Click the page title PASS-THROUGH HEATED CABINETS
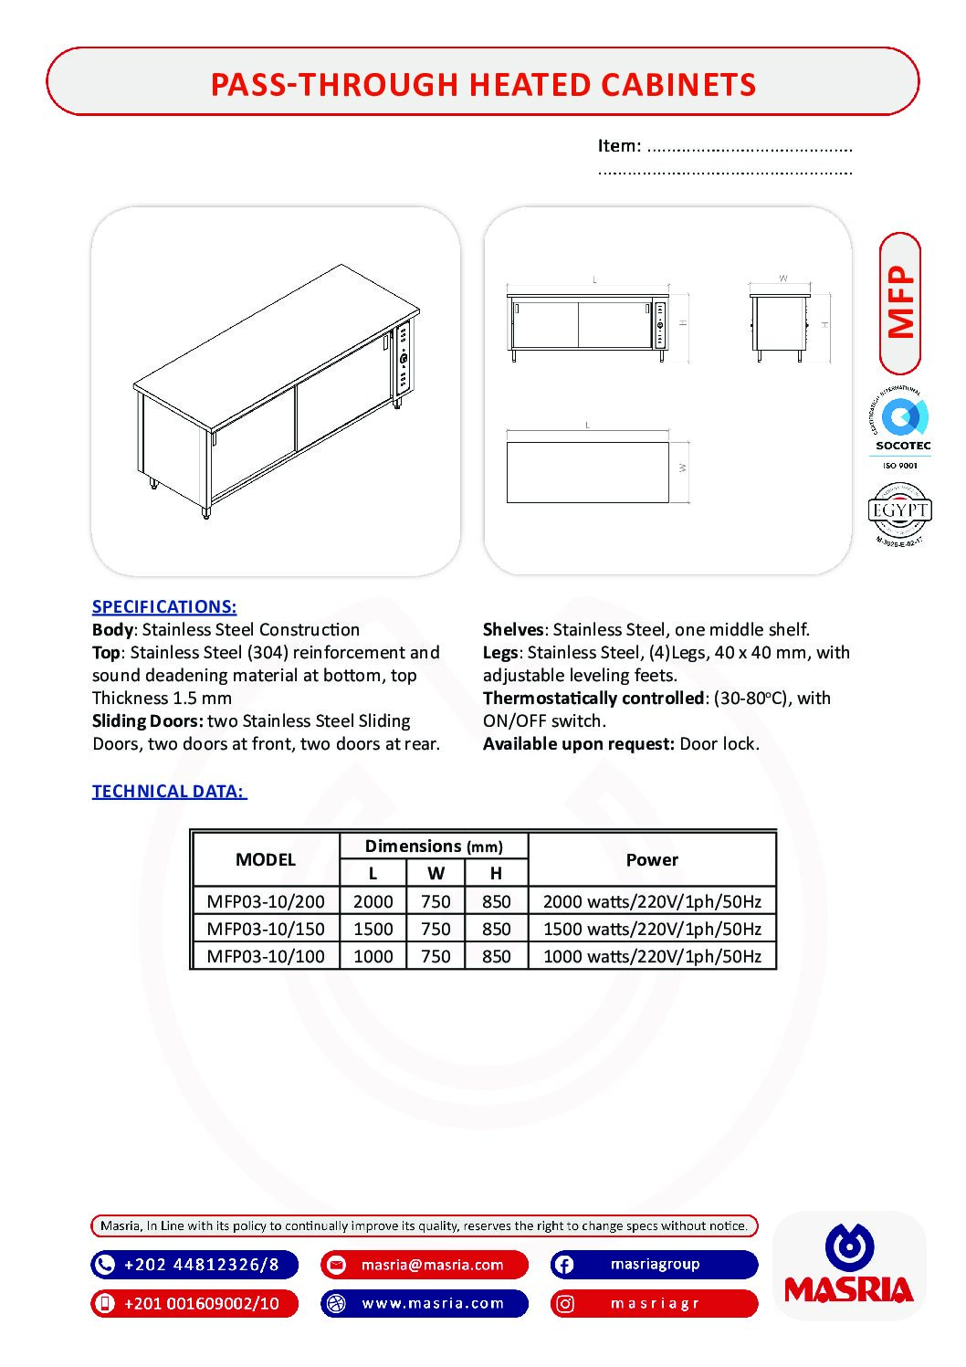point(483,84)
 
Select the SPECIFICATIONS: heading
point(164,606)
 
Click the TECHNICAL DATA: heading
point(169,791)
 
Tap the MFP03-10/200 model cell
point(266,901)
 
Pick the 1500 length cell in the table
point(373,929)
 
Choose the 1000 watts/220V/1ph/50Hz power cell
point(652,956)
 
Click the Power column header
point(652,859)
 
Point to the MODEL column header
point(266,859)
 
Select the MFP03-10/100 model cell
point(266,956)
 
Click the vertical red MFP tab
point(900,302)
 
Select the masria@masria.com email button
point(425,1265)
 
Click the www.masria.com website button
point(425,1303)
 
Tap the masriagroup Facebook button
point(655,1265)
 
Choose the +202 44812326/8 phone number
point(195,1265)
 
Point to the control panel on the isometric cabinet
point(403,359)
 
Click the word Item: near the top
point(620,146)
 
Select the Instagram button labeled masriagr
point(655,1303)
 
